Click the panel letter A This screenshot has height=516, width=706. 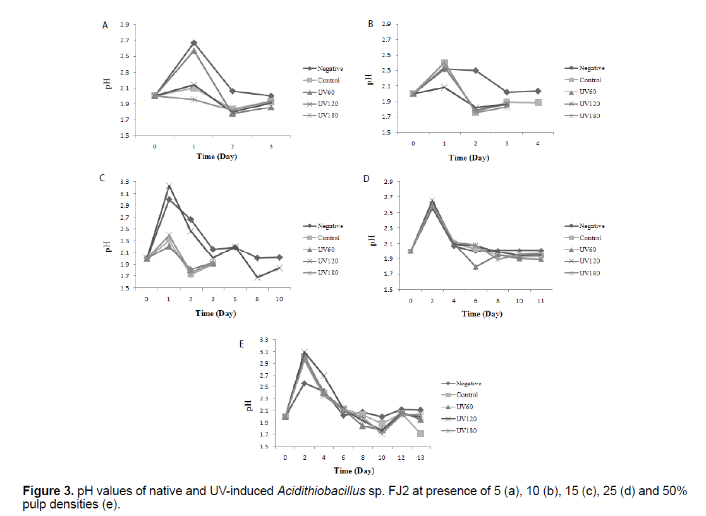tap(105, 25)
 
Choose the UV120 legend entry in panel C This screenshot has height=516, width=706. tap(329, 261)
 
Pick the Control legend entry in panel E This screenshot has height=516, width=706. tap(468, 395)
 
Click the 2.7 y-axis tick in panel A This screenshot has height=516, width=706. tap(125, 40)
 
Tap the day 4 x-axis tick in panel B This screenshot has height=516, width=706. tap(538, 145)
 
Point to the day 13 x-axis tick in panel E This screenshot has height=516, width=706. tap(420, 457)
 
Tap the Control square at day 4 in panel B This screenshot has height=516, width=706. tap(538, 102)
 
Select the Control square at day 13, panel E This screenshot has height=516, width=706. tap(420, 433)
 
